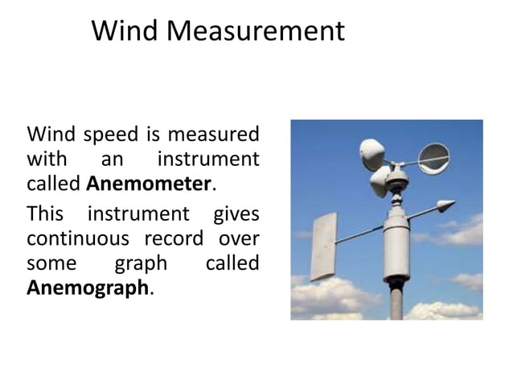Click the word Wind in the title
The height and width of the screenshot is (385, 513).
(117, 31)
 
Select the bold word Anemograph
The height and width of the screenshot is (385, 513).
(88, 287)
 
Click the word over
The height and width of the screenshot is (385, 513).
(240, 239)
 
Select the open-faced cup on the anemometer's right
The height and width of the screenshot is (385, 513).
(435, 158)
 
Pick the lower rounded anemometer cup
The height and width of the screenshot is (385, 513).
(379, 182)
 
